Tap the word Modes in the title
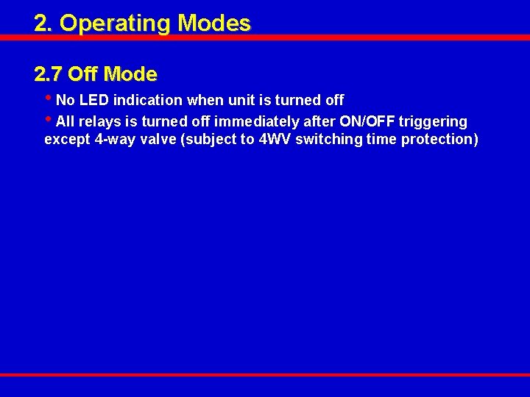tap(214, 24)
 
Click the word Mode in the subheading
tap(130, 74)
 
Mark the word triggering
tap(433, 121)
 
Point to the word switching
tap(328, 140)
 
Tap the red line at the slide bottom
tap(265, 374)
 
